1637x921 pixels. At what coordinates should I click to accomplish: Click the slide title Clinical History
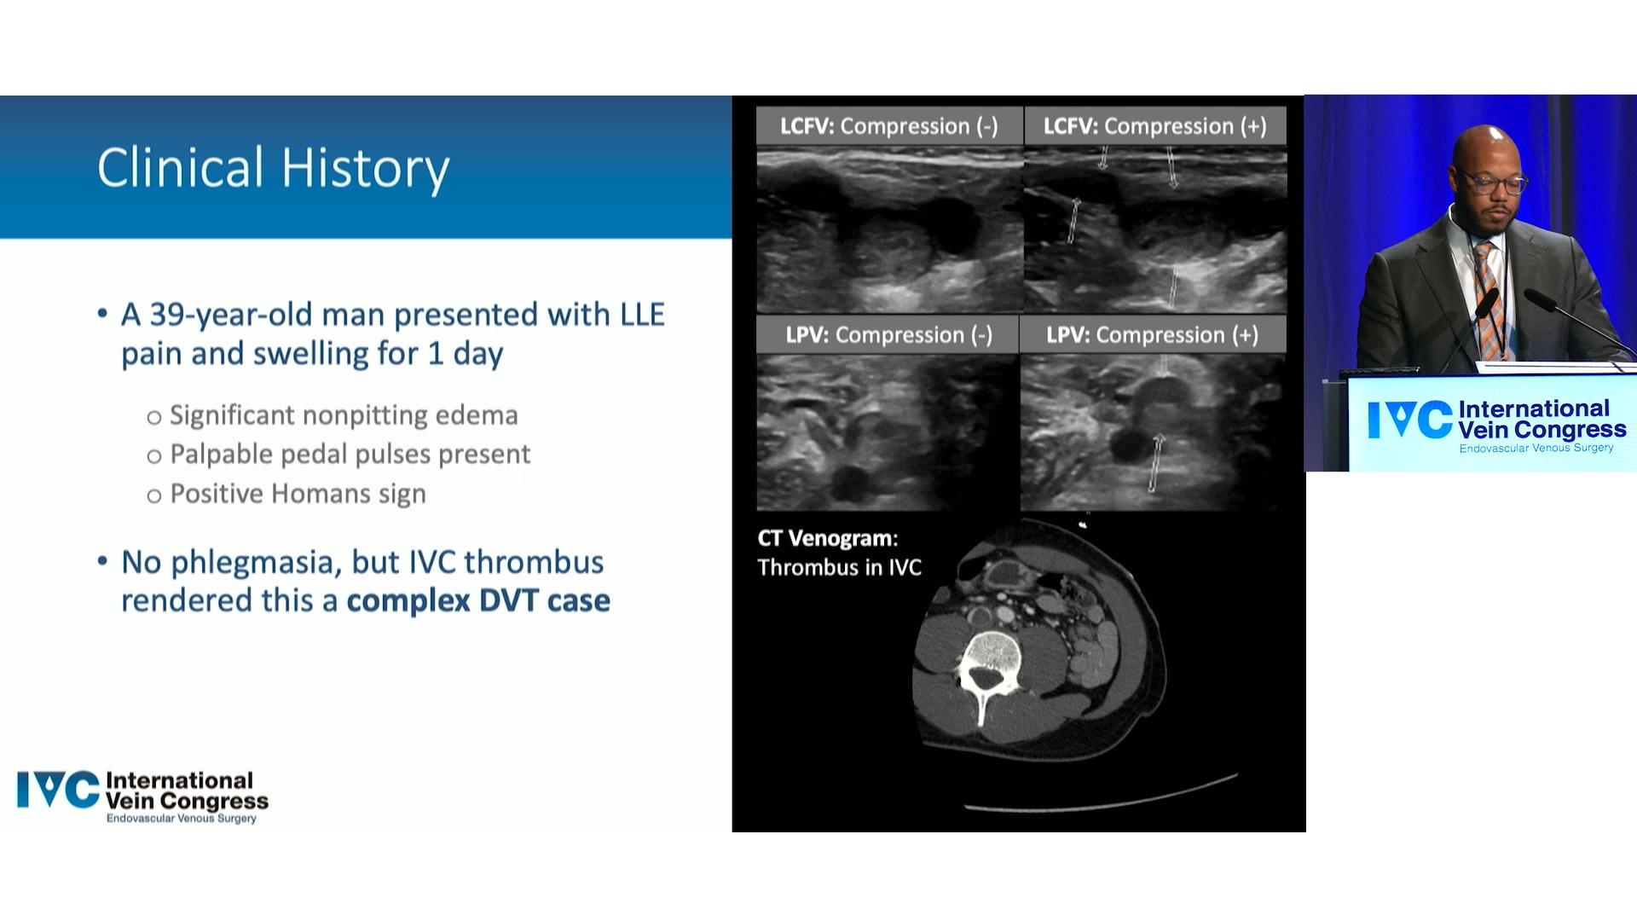pyautogui.click(x=273, y=168)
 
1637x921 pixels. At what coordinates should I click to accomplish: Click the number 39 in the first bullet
pyautogui.click(x=167, y=315)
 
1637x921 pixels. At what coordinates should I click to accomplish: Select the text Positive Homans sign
pyautogui.click(x=298, y=494)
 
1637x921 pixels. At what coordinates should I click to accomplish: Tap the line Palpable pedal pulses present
pyautogui.click(x=350, y=455)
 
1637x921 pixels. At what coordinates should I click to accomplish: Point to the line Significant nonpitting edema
pyautogui.click(x=344, y=415)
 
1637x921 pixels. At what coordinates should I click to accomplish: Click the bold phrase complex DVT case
pyautogui.click(x=478, y=601)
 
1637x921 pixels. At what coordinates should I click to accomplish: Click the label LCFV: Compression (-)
pyautogui.click(x=889, y=126)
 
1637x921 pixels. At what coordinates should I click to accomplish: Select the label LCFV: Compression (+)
pyautogui.click(x=1155, y=126)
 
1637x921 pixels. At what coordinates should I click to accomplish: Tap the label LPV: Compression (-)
pyautogui.click(x=889, y=335)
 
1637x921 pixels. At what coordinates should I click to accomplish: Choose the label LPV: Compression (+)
pyautogui.click(x=1153, y=335)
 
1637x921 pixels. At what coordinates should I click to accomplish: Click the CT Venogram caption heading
pyautogui.click(x=828, y=538)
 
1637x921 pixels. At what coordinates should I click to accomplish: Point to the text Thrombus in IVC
pyautogui.click(x=840, y=568)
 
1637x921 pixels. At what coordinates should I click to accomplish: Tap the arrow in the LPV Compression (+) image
pyautogui.click(x=1155, y=463)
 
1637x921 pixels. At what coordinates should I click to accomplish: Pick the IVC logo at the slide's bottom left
pyautogui.click(x=142, y=796)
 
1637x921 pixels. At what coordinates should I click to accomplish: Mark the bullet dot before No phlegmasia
pyautogui.click(x=103, y=561)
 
